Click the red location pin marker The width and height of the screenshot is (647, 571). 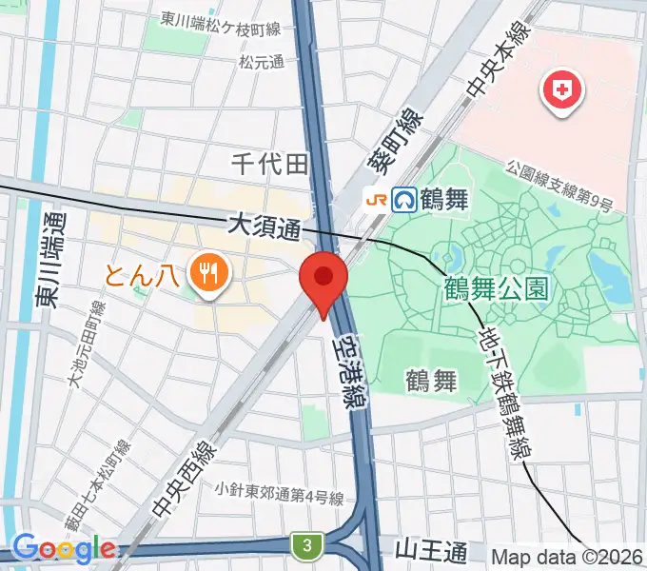pos(323,279)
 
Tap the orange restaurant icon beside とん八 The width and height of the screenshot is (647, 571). pos(206,274)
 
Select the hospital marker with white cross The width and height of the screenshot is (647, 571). pos(561,91)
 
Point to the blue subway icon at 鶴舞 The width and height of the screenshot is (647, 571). pos(405,199)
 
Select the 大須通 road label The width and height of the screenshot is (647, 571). pos(265,227)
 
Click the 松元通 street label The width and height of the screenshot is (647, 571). pos(263,63)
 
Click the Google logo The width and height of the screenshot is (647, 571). pos(64,548)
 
